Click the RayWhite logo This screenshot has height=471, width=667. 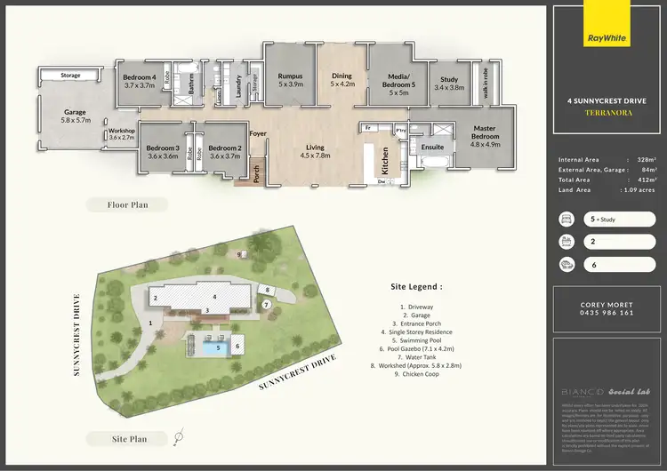[608, 38]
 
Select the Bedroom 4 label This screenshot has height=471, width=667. [139, 81]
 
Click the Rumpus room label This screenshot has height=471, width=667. [290, 80]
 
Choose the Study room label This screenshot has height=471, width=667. [449, 84]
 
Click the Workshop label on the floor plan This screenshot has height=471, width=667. [120, 134]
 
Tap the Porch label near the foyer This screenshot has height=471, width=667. [256, 169]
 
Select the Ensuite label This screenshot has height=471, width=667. [433, 147]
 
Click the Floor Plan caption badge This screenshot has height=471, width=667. [128, 204]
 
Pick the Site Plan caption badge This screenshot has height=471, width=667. [128, 438]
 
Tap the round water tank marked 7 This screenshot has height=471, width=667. [266, 305]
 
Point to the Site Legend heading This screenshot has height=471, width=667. [416, 287]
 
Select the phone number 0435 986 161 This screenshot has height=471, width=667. [607, 313]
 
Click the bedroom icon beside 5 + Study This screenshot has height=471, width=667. [564, 218]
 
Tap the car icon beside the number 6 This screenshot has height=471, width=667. [564, 264]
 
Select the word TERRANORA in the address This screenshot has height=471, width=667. [607, 115]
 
